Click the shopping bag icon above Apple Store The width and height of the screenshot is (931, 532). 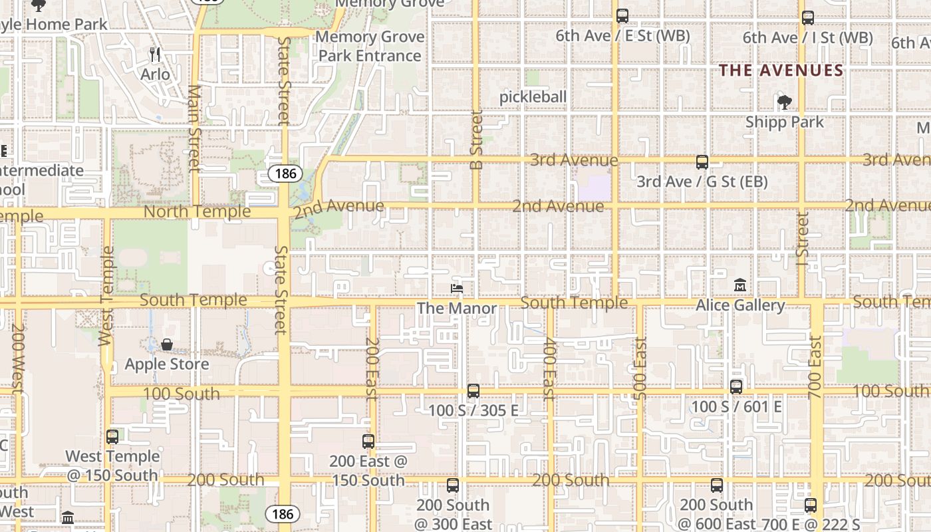(167, 344)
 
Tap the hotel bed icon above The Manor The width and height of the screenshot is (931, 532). (457, 288)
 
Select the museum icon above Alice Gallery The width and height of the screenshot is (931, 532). (740, 285)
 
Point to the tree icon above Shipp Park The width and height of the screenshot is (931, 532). (785, 102)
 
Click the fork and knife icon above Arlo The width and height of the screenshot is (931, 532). (155, 54)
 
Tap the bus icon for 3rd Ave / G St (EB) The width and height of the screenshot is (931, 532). (702, 162)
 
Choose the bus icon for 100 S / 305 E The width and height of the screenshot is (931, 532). (473, 390)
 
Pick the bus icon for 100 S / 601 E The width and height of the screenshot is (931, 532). (736, 386)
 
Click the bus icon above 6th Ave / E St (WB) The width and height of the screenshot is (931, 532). (622, 16)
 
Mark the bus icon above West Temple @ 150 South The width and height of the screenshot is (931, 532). (112, 436)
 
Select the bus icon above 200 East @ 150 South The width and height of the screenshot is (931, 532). (368, 441)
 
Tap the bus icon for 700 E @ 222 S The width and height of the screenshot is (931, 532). (810, 505)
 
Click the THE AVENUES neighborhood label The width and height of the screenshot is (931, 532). (781, 70)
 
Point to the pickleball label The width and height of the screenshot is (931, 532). (533, 97)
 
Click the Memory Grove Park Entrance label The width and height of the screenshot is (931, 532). (370, 46)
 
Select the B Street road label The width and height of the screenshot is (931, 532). (476, 140)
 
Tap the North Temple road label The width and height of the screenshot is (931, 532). (198, 211)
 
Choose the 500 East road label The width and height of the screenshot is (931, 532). (640, 368)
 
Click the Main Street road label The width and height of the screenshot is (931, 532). (194, 128)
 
